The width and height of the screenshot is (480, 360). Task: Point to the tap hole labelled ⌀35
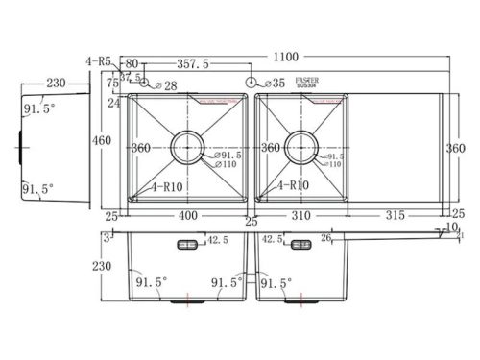click(x=252, y=84)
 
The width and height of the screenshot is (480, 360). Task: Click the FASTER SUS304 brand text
click(x=304, y=85)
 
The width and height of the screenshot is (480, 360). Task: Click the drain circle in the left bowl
click(x=187, y=149)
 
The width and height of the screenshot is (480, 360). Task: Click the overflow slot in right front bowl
click(x=301, y=244)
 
